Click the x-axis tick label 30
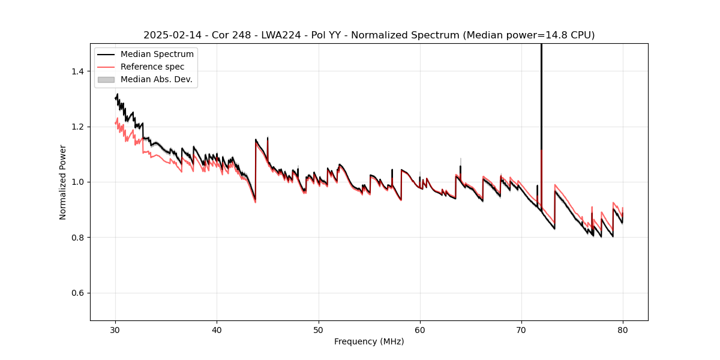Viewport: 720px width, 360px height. click(x=116, y=329)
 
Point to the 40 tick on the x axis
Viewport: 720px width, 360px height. click(x=217, y=329)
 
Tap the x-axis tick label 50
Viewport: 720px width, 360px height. click(x=319, y=329)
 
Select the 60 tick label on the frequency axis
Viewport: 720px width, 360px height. click(x=420, y=329)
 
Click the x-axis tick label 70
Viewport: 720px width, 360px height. click(x=521, y=329)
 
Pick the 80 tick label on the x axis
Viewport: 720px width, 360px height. click(x=623, y=329)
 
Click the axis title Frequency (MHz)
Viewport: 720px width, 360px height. click(x=369, y=341)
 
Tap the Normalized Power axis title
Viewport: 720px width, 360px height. click(x=63, y=182)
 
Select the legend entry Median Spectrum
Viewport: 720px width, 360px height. click(x=157, y=55)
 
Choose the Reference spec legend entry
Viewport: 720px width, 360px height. click(x=152, y=67)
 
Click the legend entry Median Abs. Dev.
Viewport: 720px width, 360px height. click(x=156, y=79)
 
